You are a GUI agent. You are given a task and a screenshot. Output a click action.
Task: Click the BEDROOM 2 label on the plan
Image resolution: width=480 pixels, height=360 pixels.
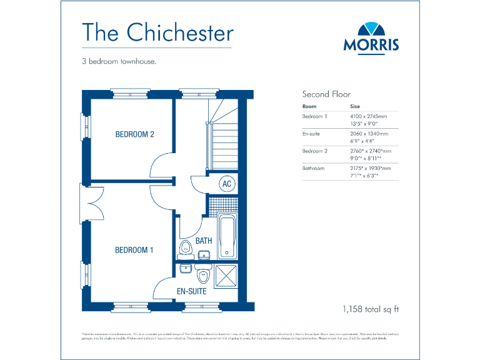pos(134,134)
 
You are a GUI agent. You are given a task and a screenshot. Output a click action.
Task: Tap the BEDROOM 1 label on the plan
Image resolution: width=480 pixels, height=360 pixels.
pos(134,250)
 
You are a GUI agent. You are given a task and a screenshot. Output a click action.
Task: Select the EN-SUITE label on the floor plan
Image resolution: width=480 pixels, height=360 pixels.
pos(191,291)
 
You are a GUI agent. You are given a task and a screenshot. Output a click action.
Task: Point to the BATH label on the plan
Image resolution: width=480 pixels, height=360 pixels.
pos(204,241)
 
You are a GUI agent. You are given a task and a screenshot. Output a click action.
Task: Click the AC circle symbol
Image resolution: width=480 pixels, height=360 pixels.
pos(227,184)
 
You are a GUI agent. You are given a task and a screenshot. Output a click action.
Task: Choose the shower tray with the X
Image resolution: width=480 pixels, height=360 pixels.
pos(226,274)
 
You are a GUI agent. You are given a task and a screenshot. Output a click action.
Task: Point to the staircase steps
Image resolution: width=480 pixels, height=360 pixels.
pos(222,144)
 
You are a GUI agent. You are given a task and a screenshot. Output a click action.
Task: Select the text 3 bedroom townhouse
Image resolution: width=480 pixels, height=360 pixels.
pos(118,62)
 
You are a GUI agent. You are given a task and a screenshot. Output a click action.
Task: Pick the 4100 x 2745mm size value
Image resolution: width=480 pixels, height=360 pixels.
pos(368,116)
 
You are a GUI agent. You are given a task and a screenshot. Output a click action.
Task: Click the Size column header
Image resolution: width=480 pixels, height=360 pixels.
pos(354,106)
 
